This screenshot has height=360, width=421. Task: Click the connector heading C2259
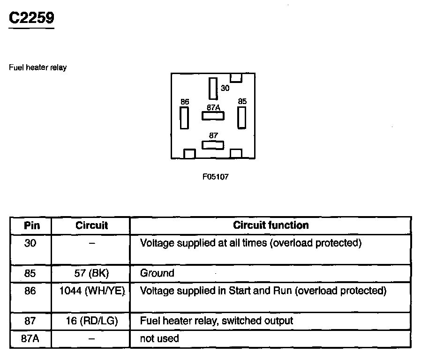(32, 18)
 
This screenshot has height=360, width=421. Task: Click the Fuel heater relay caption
(38, 67)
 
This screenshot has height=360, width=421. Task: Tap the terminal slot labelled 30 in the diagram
(213, 88)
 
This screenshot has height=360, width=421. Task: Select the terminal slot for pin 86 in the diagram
(184, 118)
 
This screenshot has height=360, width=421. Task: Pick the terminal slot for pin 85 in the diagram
(241, 117)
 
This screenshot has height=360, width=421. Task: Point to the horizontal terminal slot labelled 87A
(213, 115)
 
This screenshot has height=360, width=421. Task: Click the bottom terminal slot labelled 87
(213, 144)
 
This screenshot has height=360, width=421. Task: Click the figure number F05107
(215, 177)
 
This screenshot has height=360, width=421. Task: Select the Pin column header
(31, 225)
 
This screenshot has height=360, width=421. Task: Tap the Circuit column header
(91, 225)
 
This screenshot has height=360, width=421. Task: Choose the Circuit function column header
(271, 225)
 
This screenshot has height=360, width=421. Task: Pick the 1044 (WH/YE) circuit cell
(91, 291)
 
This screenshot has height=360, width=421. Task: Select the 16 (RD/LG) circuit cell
(91, 321)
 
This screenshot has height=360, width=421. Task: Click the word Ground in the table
(157, 273)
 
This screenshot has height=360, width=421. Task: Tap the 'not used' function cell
(159, 338)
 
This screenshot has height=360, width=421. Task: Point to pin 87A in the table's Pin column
(30, 338)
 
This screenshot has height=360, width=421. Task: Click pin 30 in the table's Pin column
(30, 243)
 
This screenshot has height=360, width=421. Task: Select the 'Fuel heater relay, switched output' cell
(217, 321)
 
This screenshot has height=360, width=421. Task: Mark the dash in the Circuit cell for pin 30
(91, 244)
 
